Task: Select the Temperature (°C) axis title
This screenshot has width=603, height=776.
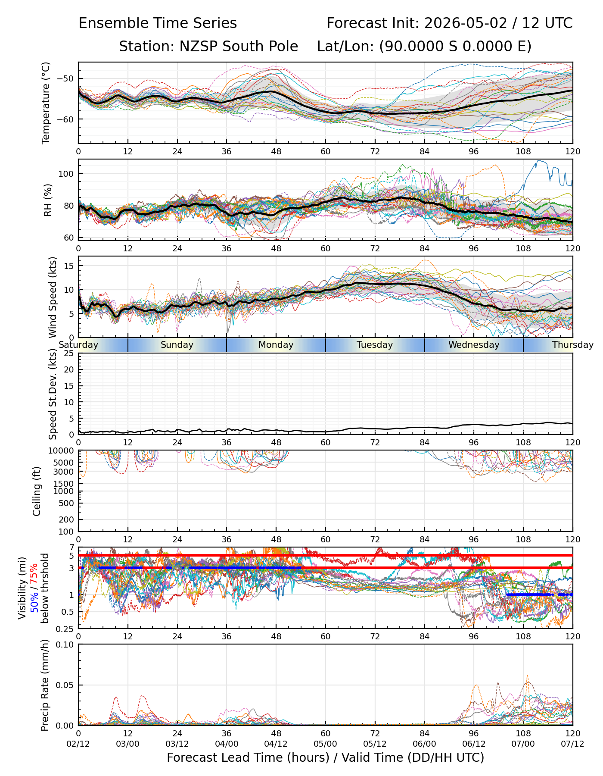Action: click(46, 103)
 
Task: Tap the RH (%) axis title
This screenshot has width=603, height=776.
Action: click(48, 200)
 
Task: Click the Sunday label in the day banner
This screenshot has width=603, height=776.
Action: click(177, 345)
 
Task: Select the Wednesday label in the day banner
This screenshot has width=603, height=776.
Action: click(474, 345)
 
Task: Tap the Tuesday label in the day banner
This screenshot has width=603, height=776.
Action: click(375, 345)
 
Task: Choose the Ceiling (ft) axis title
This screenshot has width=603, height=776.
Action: click(37, 491)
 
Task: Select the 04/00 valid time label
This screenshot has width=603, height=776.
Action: click(227, 744)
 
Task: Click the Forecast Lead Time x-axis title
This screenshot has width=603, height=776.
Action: click(326, 758)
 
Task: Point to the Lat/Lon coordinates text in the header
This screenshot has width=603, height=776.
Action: click(424, 47)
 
